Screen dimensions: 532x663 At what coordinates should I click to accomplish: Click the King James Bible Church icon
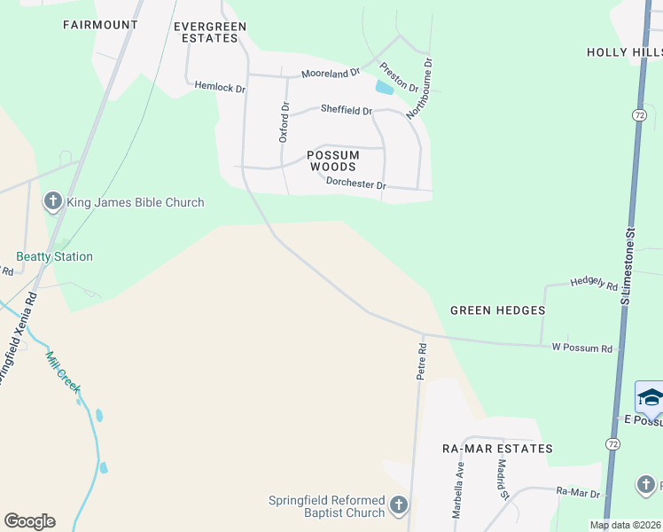point(52,202)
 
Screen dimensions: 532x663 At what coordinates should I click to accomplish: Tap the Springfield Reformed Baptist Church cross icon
point(398,506)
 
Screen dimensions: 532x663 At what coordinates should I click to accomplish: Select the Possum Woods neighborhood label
point(332,160)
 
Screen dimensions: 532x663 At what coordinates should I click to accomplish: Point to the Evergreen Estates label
point(208,33)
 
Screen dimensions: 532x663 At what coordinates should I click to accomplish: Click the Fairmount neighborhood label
point(100,25)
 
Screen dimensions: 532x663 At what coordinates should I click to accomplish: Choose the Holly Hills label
point(624,52)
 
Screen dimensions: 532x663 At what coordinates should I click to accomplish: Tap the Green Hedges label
point(497,310)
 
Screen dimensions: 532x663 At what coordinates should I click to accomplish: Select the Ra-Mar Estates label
point(497,449)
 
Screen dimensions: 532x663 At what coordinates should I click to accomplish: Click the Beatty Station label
point(54,256)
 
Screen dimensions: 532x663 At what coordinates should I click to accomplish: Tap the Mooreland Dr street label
point(330,73)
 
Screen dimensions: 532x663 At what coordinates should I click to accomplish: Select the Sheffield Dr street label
point(346,110)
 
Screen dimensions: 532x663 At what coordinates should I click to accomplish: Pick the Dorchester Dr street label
point(356,184)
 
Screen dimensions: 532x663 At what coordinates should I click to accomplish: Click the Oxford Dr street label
point(284,122)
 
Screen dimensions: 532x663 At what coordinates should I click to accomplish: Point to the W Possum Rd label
point(581,348)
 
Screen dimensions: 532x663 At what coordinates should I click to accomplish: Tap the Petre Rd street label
point(422,362)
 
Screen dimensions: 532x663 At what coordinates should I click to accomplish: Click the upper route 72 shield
point(639,115)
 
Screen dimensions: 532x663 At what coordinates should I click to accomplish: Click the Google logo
point(29,521)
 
